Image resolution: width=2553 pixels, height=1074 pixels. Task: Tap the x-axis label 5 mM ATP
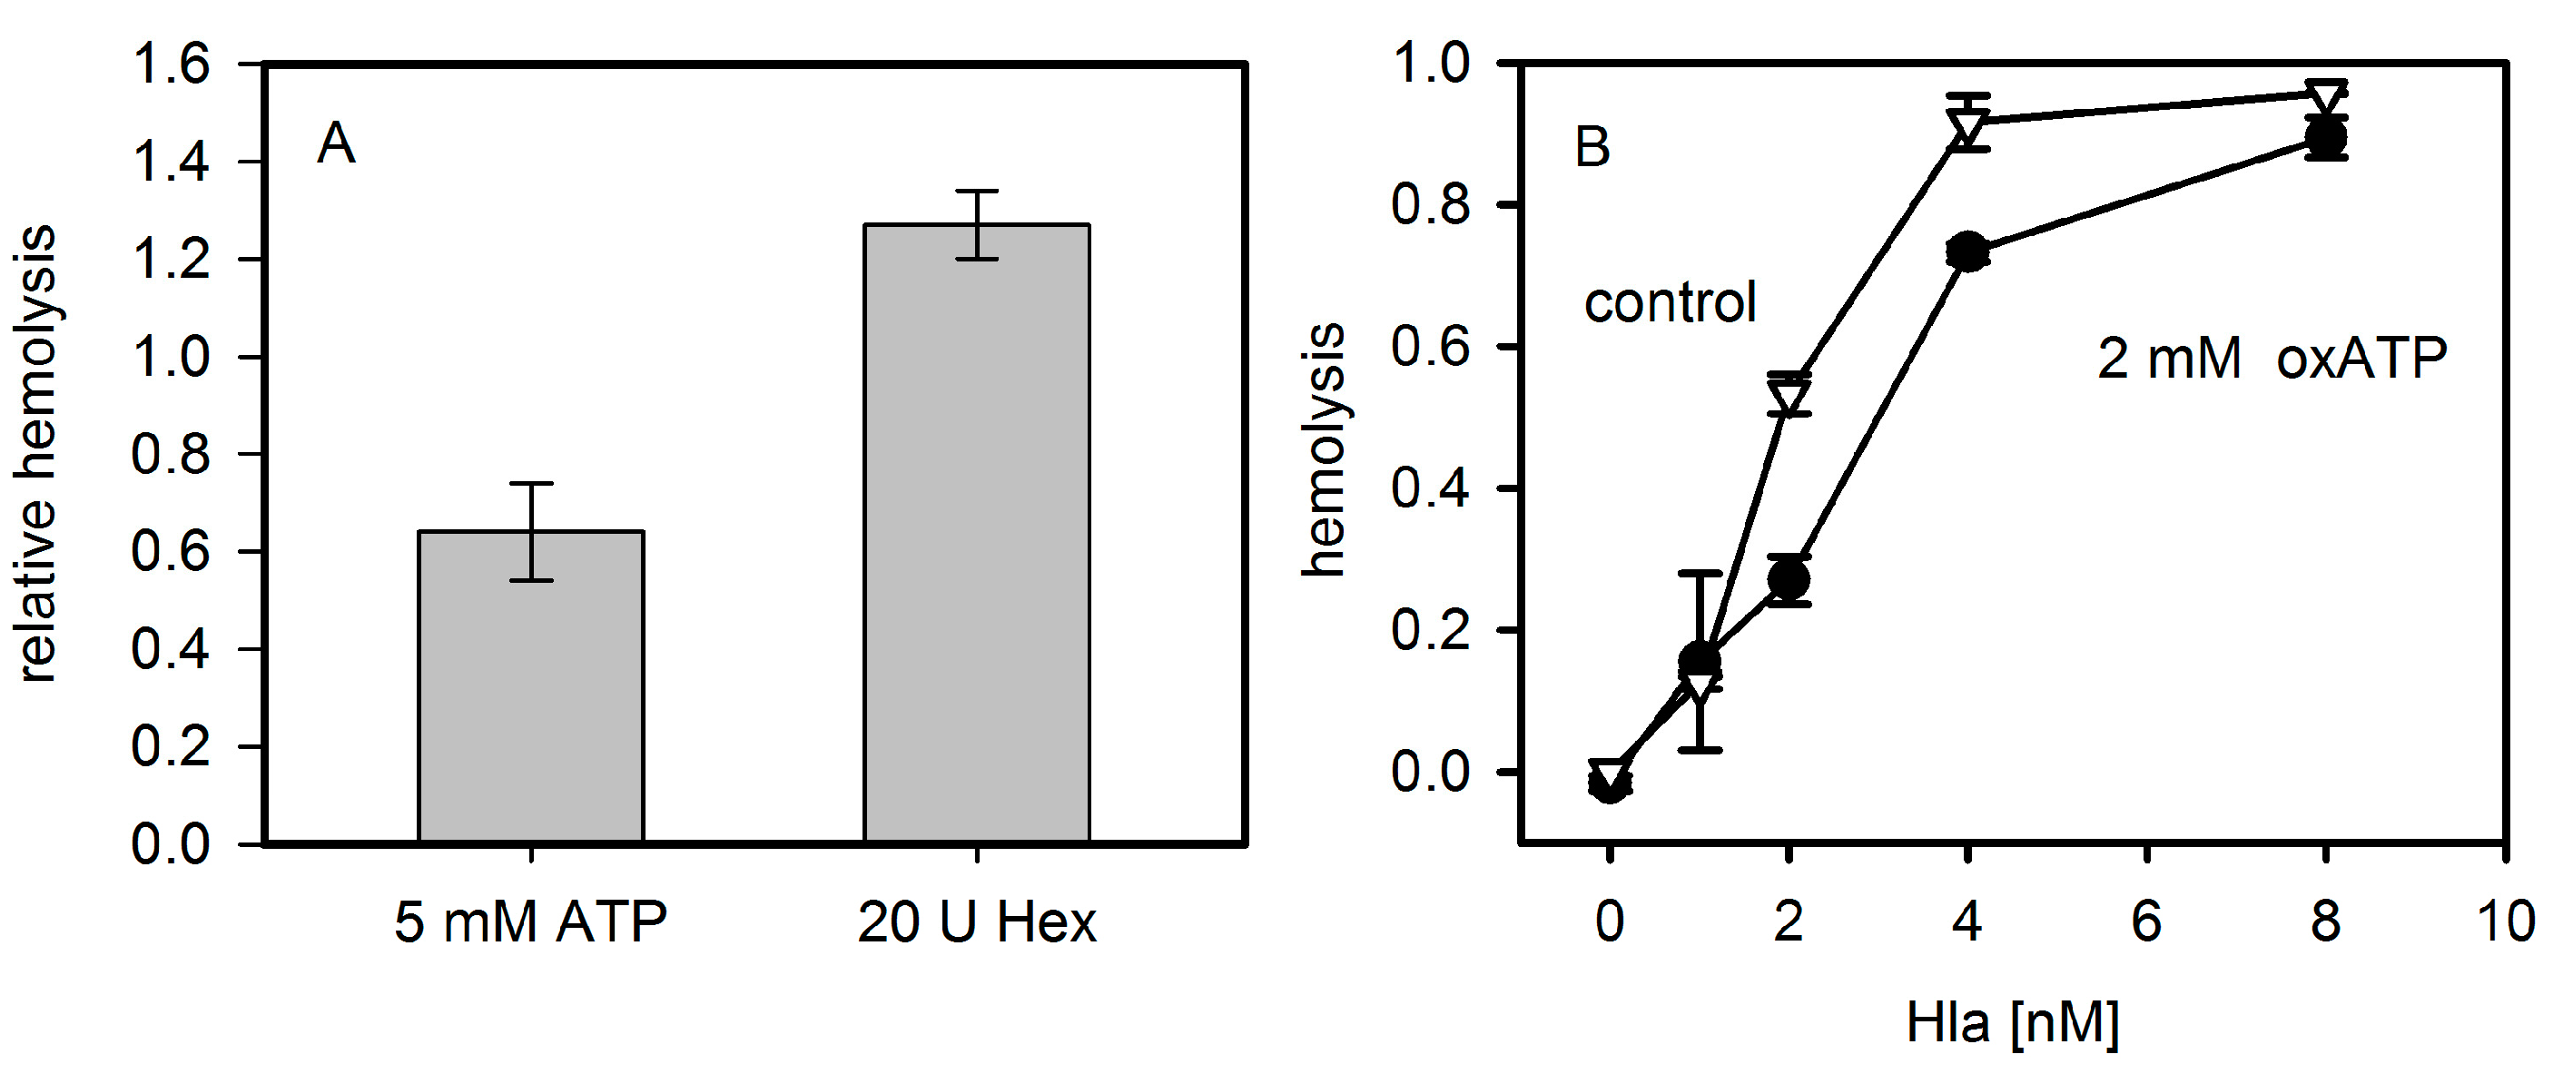(531, 922)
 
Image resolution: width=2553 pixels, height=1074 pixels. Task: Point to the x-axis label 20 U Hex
(976, 922)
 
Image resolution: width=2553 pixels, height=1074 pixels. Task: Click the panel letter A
(336, 144)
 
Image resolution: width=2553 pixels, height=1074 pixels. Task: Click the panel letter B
(1592, 148)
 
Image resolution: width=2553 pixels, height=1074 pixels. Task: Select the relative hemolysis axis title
(37, 454)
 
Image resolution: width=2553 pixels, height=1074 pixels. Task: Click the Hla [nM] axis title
(2012, 1023)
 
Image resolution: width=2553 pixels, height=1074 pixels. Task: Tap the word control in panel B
(1670, 302)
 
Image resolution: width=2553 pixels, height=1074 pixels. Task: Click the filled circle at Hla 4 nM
(1967, 251)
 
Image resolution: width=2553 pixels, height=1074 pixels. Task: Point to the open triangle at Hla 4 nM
(1967, 127)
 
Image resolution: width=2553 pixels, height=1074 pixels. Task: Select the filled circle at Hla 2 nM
(1789, 578)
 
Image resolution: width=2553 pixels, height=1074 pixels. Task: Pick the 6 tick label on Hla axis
(2146, 922)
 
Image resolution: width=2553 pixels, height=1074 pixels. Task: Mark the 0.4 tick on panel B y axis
(1429, 488)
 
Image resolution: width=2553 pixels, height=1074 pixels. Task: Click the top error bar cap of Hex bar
(976, 192)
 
